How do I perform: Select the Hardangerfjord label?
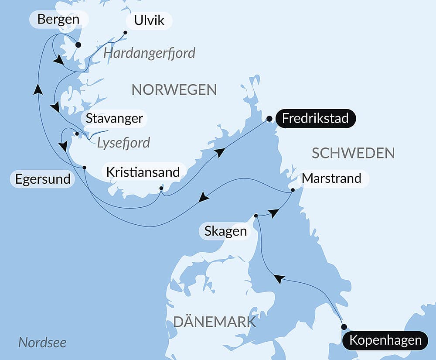coord(150,53)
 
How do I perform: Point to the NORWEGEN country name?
coord(174,89)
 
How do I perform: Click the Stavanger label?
coord(114,118)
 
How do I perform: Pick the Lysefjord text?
coord(123,142)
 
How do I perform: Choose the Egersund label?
coord(43,179)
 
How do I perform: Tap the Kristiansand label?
coord(143,172)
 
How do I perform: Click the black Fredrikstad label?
coord(315,118)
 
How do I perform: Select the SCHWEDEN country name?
coord(354,153)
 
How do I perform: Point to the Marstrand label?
coord(332,178)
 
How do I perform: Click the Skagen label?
coord(225,231)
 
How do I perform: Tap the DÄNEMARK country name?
coord(215,322)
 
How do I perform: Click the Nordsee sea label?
coord(42,343)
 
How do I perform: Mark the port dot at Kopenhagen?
coord(344,327)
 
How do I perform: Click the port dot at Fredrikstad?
coord(269,118)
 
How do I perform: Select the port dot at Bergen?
coord(78,45)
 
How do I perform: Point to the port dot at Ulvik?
coord(125,32)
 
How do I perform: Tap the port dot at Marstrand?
coord(293,190)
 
